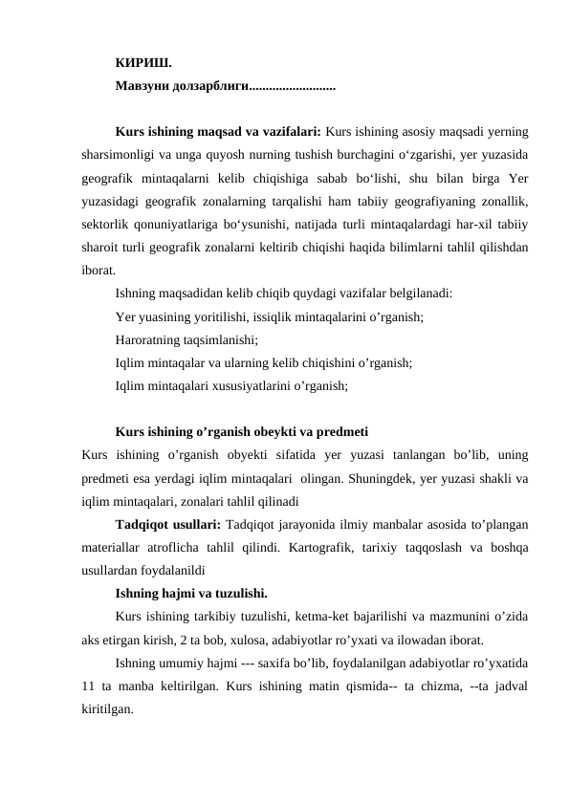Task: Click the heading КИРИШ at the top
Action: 143,64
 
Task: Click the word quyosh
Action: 244,154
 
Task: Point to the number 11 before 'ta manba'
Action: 90,686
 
